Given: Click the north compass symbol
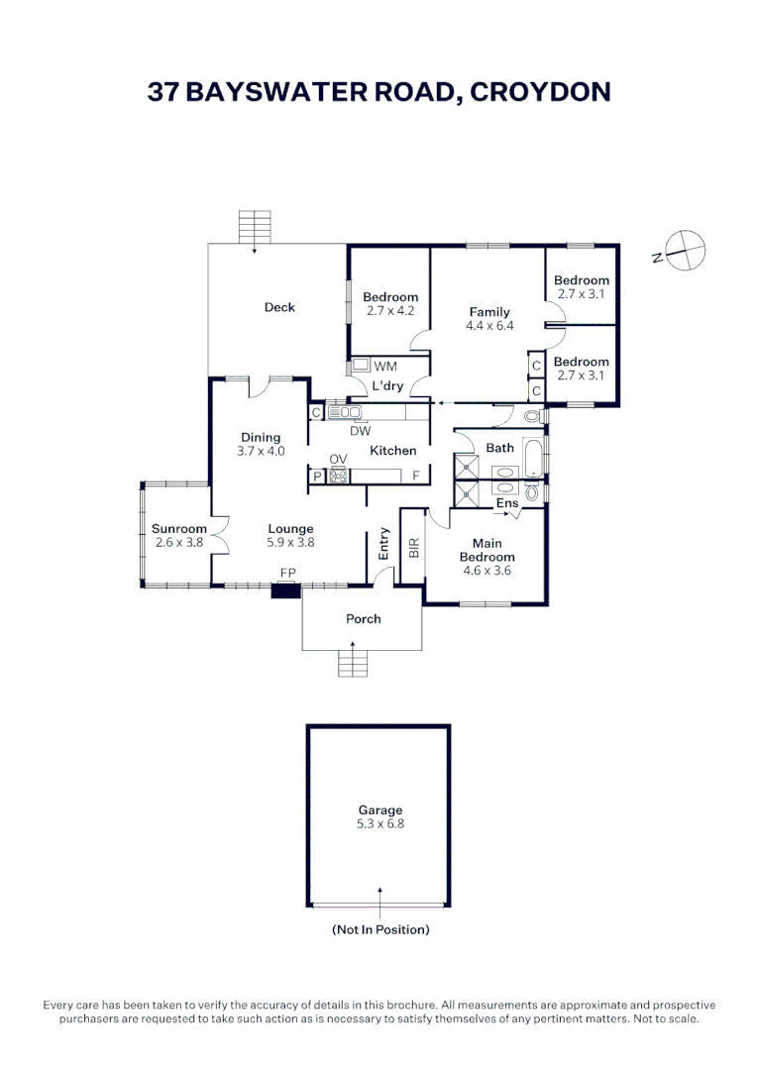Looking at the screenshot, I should pos(685,250).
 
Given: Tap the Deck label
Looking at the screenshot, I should pos(279,307).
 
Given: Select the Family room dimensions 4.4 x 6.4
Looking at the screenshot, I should pos(489,326).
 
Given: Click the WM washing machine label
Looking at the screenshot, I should pos(384,367).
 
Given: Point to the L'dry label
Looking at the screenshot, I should pos(387,386).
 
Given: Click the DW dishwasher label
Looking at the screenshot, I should pos(361,431).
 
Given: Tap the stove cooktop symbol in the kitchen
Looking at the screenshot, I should pos(340,477).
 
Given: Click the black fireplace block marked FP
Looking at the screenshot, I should pos(286,591).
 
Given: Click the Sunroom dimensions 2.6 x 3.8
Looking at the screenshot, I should pos(179,542).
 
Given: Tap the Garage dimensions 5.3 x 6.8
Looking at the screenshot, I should pos(378,823).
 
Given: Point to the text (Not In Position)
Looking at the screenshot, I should pos(379,930).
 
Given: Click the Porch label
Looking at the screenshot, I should pos(363,618).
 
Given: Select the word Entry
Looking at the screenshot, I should pos(383,545).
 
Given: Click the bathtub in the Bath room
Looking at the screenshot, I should pos(533,458).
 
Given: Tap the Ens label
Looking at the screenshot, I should pos(507,503).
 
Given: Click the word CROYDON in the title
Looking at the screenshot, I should pos(540,92).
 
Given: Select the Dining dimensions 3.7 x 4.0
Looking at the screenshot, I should pos(261,451).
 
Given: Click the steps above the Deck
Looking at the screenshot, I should pos(255,227).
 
